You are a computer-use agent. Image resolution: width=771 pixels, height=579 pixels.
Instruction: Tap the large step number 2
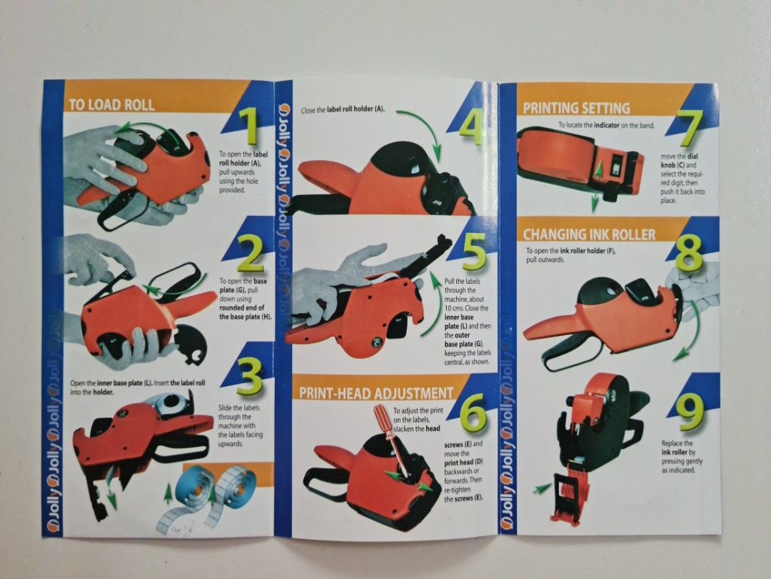pos(251,253)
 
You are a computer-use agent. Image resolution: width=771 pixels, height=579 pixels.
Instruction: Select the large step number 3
pos(250,377)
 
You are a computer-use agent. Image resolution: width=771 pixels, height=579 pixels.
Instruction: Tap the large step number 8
pos(689,254)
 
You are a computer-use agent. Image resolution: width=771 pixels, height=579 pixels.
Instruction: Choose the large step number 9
pos(690,412)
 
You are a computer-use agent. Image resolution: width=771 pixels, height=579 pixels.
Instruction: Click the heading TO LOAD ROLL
pos(111,105)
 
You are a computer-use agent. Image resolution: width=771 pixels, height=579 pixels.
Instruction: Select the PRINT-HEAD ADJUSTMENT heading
pos(376,393)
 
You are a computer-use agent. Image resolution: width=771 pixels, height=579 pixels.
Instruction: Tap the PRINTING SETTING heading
pos(576,108)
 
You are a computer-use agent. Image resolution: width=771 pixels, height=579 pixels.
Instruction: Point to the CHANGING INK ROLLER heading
pos(589,234)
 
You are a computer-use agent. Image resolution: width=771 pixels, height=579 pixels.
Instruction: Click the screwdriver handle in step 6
pos(383,417)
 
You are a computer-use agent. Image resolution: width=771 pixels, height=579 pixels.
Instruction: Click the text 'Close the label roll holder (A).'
pos(343,109)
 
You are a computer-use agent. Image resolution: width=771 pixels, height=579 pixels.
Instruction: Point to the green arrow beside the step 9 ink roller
pos(542,488)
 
